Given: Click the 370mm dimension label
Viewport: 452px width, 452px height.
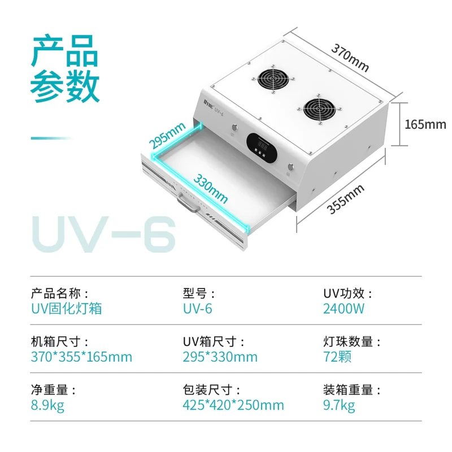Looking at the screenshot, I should [x=350, y=59].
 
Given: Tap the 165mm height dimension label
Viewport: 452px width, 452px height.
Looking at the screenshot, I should [x=425, y=124].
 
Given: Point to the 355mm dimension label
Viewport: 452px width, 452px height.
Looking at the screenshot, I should [x=345, y=199].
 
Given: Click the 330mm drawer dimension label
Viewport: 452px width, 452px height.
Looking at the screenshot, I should [x=211, y=188].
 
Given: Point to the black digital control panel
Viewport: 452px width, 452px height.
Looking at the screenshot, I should [x=262, y=148].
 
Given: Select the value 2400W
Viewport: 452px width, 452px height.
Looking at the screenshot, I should [x=344, y=309].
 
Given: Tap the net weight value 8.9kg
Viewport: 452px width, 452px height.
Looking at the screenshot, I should [x=47, y=405].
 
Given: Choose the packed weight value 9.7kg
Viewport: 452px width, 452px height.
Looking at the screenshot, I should [x=339, y=405].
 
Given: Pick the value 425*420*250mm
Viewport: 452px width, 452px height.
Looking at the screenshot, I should [x=233, y=405].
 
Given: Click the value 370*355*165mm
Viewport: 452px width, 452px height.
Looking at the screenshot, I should [x=81, y=357].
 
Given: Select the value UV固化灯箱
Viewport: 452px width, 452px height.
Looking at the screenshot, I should [x=66, y=309].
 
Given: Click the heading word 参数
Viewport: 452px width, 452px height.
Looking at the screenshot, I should [x=65, y=85].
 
